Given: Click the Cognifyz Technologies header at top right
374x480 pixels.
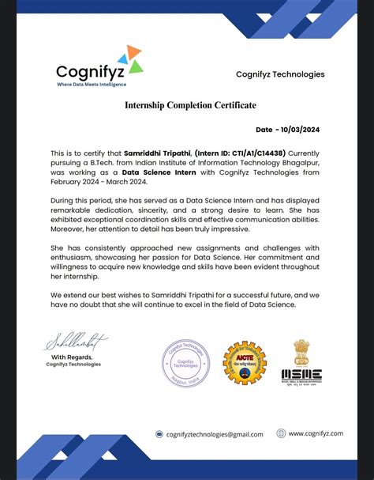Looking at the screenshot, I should [x=279, y=74].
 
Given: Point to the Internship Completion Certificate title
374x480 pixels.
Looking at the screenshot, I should [x=189, y=105].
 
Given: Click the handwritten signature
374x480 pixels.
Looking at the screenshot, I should [x=75, y=342].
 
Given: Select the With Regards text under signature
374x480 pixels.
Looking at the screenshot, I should [x=73, y=357].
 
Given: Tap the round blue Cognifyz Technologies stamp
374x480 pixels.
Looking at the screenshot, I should [x=186, y=363].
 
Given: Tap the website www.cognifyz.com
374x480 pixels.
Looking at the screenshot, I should [x=315, y=433].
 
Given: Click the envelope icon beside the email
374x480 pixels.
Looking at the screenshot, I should [x=159, y=434].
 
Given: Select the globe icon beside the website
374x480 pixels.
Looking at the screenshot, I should [x=281, y=433].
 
